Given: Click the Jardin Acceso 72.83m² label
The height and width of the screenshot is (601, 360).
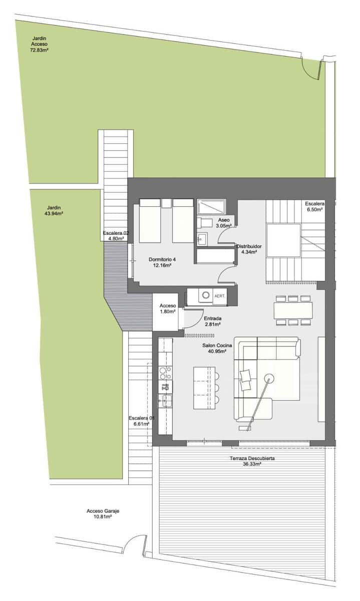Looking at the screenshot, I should tap(39, 44).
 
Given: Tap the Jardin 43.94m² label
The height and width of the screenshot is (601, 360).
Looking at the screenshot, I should tap(54, 210).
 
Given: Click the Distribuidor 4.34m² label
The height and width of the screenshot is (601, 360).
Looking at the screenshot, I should tap(247, 249).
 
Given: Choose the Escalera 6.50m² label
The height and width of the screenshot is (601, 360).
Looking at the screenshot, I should tap(315, 207).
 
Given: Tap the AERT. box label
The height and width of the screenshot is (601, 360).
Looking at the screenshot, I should tap(220, 296).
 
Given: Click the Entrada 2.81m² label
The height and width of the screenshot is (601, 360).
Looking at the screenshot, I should tap(213, 321).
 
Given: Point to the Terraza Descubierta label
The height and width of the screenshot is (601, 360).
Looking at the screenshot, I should tap(252, 461).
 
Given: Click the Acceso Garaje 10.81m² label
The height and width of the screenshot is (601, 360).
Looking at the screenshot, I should tap(103, 514).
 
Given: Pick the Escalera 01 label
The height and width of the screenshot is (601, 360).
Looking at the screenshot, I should tap(142, 421).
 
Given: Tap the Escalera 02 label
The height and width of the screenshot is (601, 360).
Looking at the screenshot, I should tap(116, 235).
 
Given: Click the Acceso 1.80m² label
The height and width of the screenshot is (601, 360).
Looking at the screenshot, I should tap(167, 309).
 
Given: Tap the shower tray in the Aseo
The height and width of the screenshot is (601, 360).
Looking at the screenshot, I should tap(212, 207).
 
